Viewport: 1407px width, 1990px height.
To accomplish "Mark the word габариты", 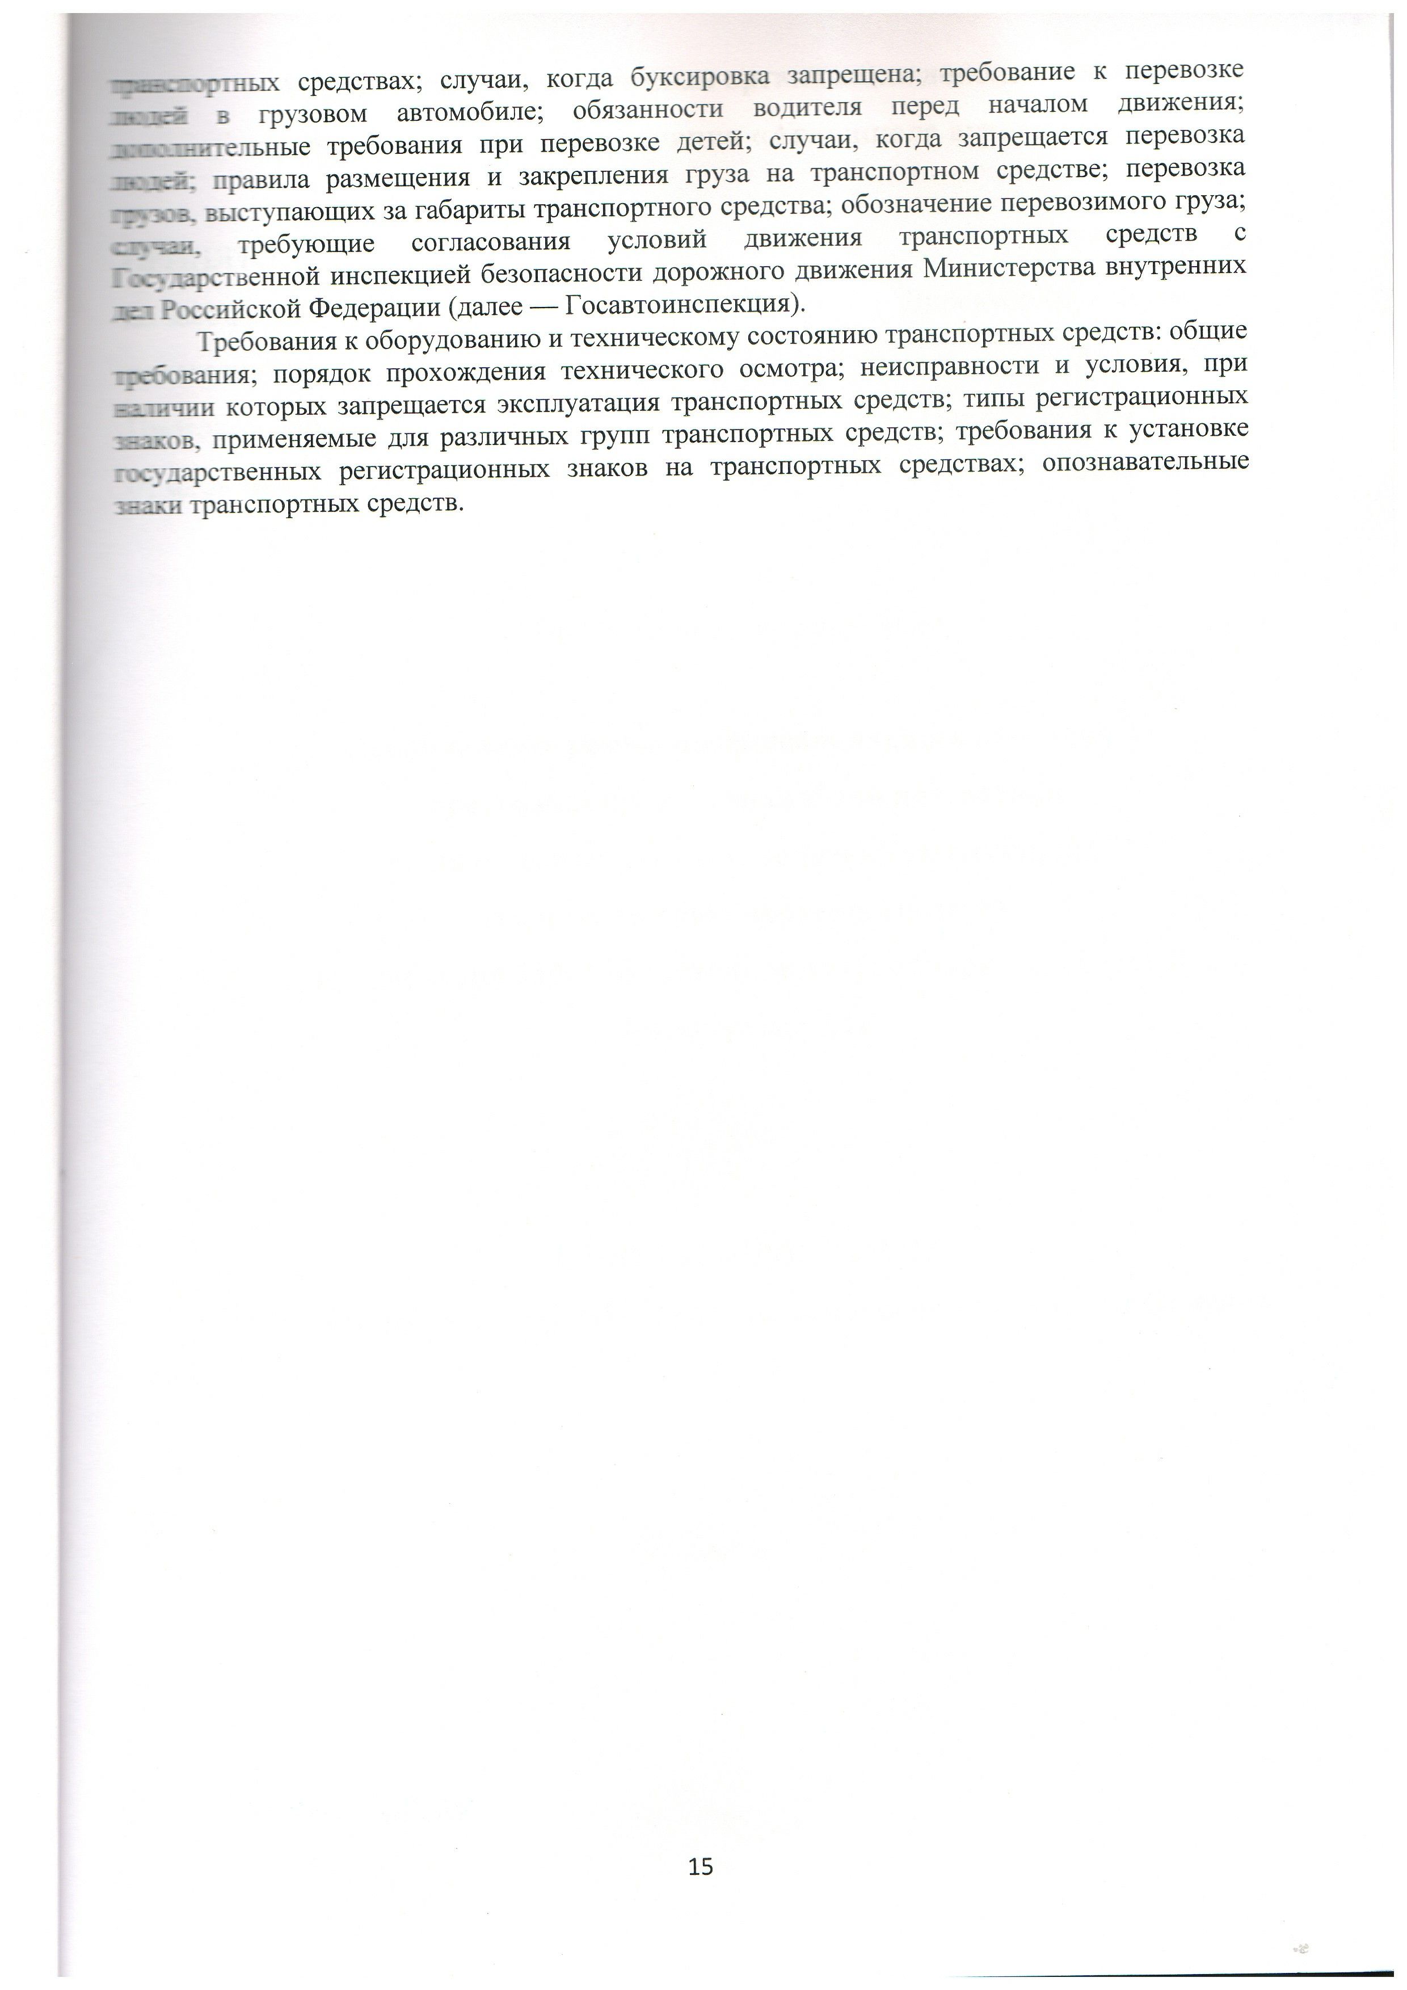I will coord(475,209).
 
